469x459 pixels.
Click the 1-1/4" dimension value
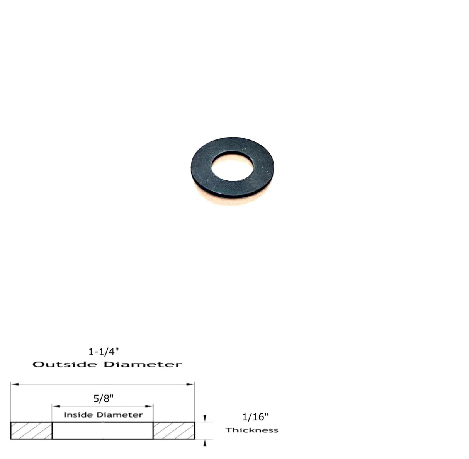tap(103, 352)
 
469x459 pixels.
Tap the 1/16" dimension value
tap(255, 417)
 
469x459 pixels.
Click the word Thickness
tap(252, 430)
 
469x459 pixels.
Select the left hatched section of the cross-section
tap(31, 431)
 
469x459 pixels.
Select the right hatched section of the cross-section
tap(174, 431)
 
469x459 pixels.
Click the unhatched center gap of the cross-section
tap(103, 431)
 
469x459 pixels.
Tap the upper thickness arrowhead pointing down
tap(205, 418)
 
